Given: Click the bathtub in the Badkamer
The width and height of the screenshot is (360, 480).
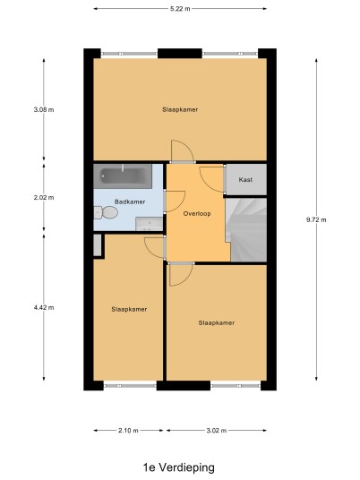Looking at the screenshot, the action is pos(123,176).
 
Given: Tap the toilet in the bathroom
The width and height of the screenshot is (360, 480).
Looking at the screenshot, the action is pos(106,212).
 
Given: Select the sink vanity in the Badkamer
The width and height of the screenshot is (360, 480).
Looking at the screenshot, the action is pos(149,224).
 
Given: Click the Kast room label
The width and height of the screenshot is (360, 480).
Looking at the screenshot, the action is pos(245,180).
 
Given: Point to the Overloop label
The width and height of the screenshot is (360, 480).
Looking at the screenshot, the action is pos(197,214).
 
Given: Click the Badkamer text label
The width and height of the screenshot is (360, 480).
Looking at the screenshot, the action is pos(130,201).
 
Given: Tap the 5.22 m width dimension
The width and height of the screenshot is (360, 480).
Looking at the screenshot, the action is pos(180,9).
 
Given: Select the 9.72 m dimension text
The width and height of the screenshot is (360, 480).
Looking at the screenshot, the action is pos(316,219).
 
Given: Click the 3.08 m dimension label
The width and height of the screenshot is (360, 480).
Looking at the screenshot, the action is pos(44,109).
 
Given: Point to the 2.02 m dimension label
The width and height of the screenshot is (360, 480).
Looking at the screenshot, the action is pos(44,197).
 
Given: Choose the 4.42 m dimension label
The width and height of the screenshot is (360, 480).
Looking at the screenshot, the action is pos(44,307).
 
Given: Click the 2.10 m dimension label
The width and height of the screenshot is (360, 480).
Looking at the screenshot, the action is pos(128,431).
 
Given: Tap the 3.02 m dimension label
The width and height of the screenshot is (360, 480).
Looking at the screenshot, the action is pos(217,431).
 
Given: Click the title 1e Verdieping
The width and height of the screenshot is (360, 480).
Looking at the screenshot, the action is pos(179,467).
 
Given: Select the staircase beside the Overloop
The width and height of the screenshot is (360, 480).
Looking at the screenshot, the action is pos(246,229).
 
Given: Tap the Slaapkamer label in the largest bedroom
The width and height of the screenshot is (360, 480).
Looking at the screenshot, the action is pos(180,109).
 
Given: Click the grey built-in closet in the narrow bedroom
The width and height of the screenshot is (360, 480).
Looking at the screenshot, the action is pos(98,244).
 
